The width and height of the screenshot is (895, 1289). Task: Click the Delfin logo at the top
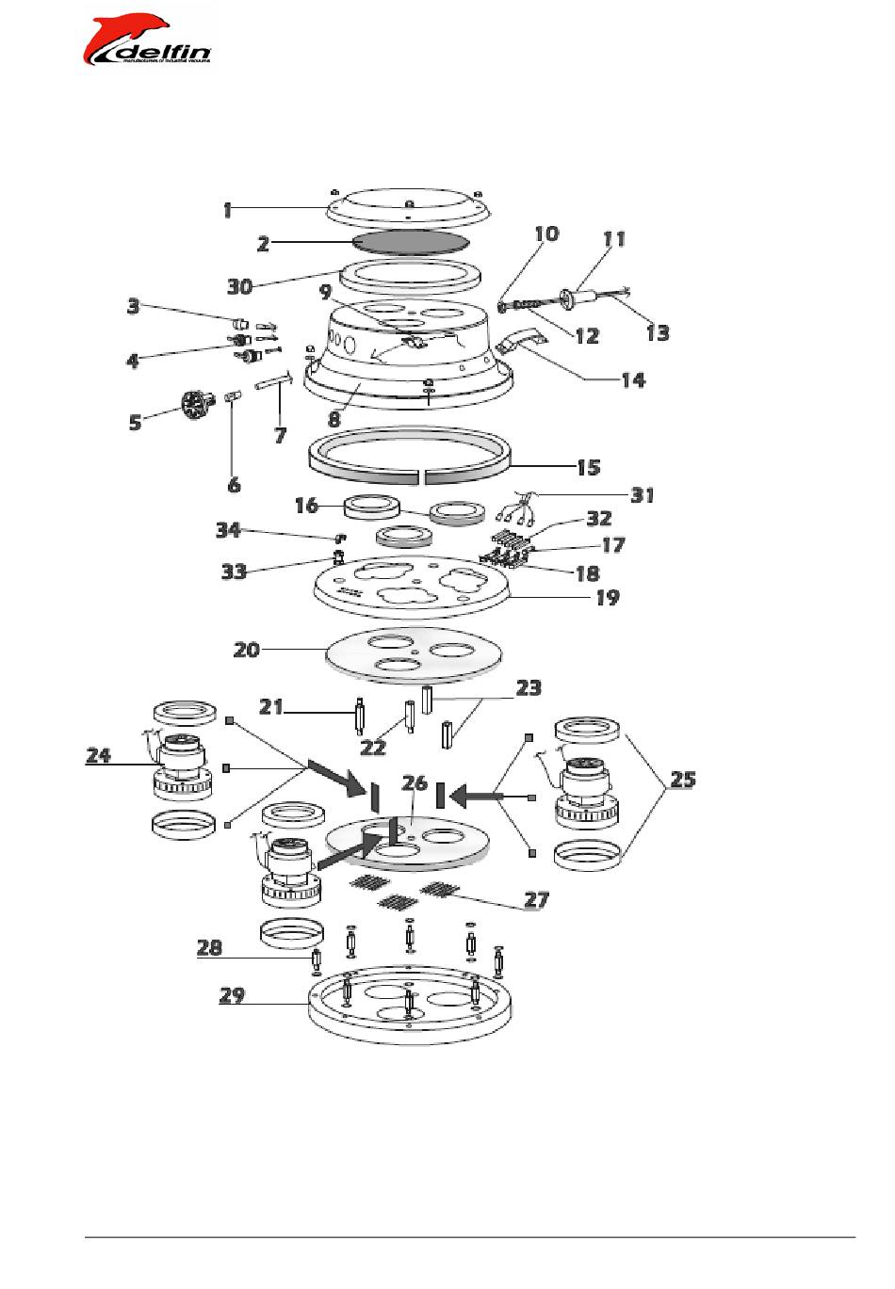tap(149, 42)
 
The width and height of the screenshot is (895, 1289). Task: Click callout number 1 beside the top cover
tap(227, 210)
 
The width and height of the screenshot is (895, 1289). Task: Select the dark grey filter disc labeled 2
tap(410, 241)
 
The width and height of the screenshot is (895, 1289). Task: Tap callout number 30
tap(241, 285)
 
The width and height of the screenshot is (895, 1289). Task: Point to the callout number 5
tap(137, 421)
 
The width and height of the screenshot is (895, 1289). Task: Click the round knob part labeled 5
tap(196, 406)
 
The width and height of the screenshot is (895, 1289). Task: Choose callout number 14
tap(633, 379)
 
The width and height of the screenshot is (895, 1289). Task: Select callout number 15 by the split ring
tap(589, 467)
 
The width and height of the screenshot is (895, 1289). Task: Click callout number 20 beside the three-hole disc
tap(247, 649)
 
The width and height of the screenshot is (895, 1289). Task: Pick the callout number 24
tap(99, 754)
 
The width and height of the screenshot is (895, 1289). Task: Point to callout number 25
tap(683, 780)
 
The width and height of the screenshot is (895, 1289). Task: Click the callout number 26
tap(415, 783)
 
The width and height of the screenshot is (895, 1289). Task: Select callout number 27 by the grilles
tap(536, 899)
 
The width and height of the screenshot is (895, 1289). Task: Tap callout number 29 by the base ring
tap(233, 994)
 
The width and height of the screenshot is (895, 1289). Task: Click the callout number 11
tap(614, 239)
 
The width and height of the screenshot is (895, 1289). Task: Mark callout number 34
tap(229, 530)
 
